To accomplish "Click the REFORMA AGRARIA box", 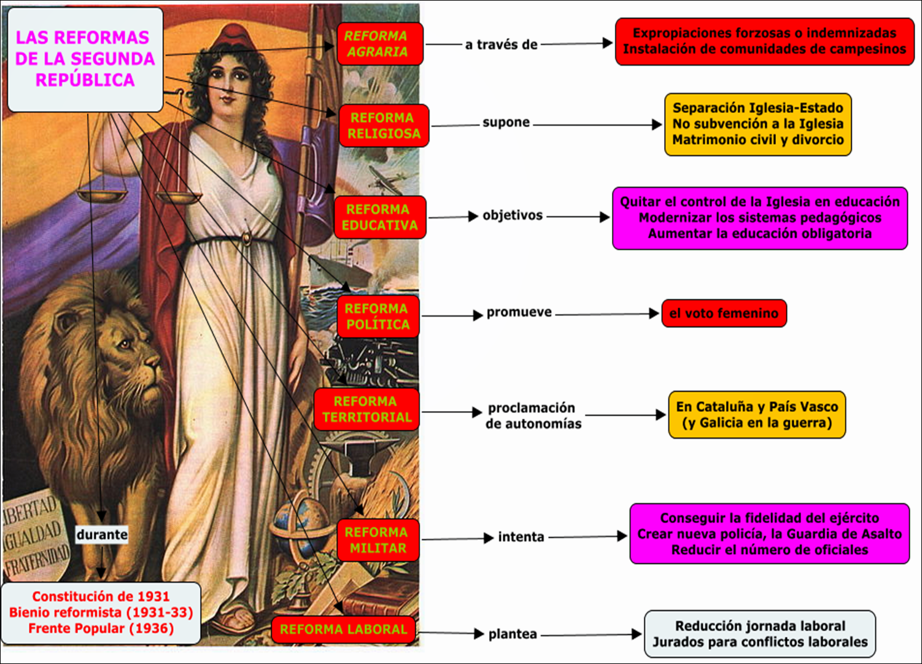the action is [x=380, y=44].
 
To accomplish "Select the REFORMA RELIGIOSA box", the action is [x=384, y=126].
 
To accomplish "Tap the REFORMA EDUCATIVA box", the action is [x=380, y=217].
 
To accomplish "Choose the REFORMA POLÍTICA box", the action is [x=378, y=317].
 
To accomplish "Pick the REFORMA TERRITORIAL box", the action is [x=366, y=409].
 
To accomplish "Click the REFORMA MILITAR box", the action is [x=378, y=540].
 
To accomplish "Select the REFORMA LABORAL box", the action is [x=343, y=629].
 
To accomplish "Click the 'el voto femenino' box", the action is [x=724, y=314].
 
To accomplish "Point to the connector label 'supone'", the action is [x=506, y=122].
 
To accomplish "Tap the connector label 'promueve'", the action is [x=519, y=312].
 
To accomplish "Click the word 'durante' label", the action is [x=102, y=535].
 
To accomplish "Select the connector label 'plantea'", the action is [x=513, y=634].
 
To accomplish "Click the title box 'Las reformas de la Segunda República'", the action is [x=85, y=59].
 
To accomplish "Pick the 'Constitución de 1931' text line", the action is [x=101, y=596].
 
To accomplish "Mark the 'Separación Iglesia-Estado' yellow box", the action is [x=757, y=124].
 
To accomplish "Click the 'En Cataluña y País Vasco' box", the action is [x=757, y=415].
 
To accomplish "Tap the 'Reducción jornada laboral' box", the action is [x=760, y=634].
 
